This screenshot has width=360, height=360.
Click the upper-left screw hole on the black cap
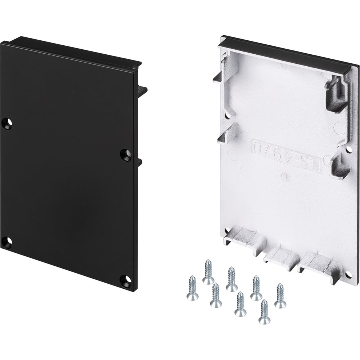tap(7, 123)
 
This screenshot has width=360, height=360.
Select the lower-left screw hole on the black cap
tap(8, 242)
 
